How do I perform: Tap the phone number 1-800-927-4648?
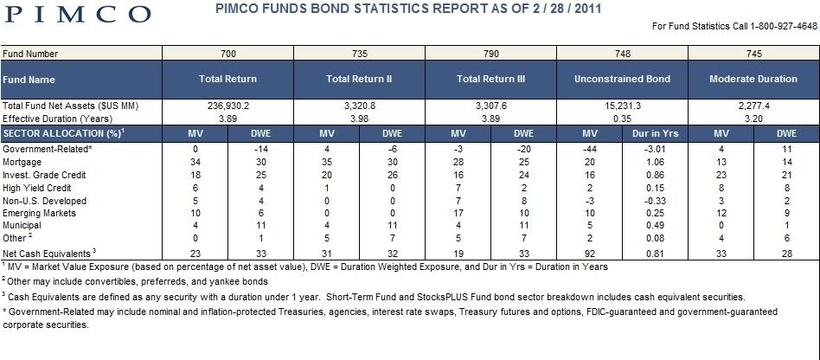click(x=782, y=26)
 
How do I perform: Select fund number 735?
click(x=360, y=54)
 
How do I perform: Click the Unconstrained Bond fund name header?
click(x=622, y=79)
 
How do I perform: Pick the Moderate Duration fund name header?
click(x=753, y=79)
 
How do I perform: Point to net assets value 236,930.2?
click(x=228, y=106)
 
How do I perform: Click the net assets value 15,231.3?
click(x=622, y=106)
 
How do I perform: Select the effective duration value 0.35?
click(x=622, y=119)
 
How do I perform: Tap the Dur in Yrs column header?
click(x=656, y=134)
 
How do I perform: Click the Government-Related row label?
click(x=48, y=149)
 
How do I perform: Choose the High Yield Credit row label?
click(x=36, y=188)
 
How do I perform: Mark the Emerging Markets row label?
click(x=39, y=214)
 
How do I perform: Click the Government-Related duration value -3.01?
click(x=656, y=149)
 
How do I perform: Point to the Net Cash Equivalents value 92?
click(x=590, y=254)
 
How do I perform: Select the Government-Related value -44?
click(x=590, y=149)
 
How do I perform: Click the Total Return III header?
click(x=490, y=79)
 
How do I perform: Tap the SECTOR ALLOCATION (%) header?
click(x=63, y=134)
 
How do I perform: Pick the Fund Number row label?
click(x=30, y=54)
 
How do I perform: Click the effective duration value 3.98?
click(x=360, y=119)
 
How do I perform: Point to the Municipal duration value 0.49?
click(x=656, y=226)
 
